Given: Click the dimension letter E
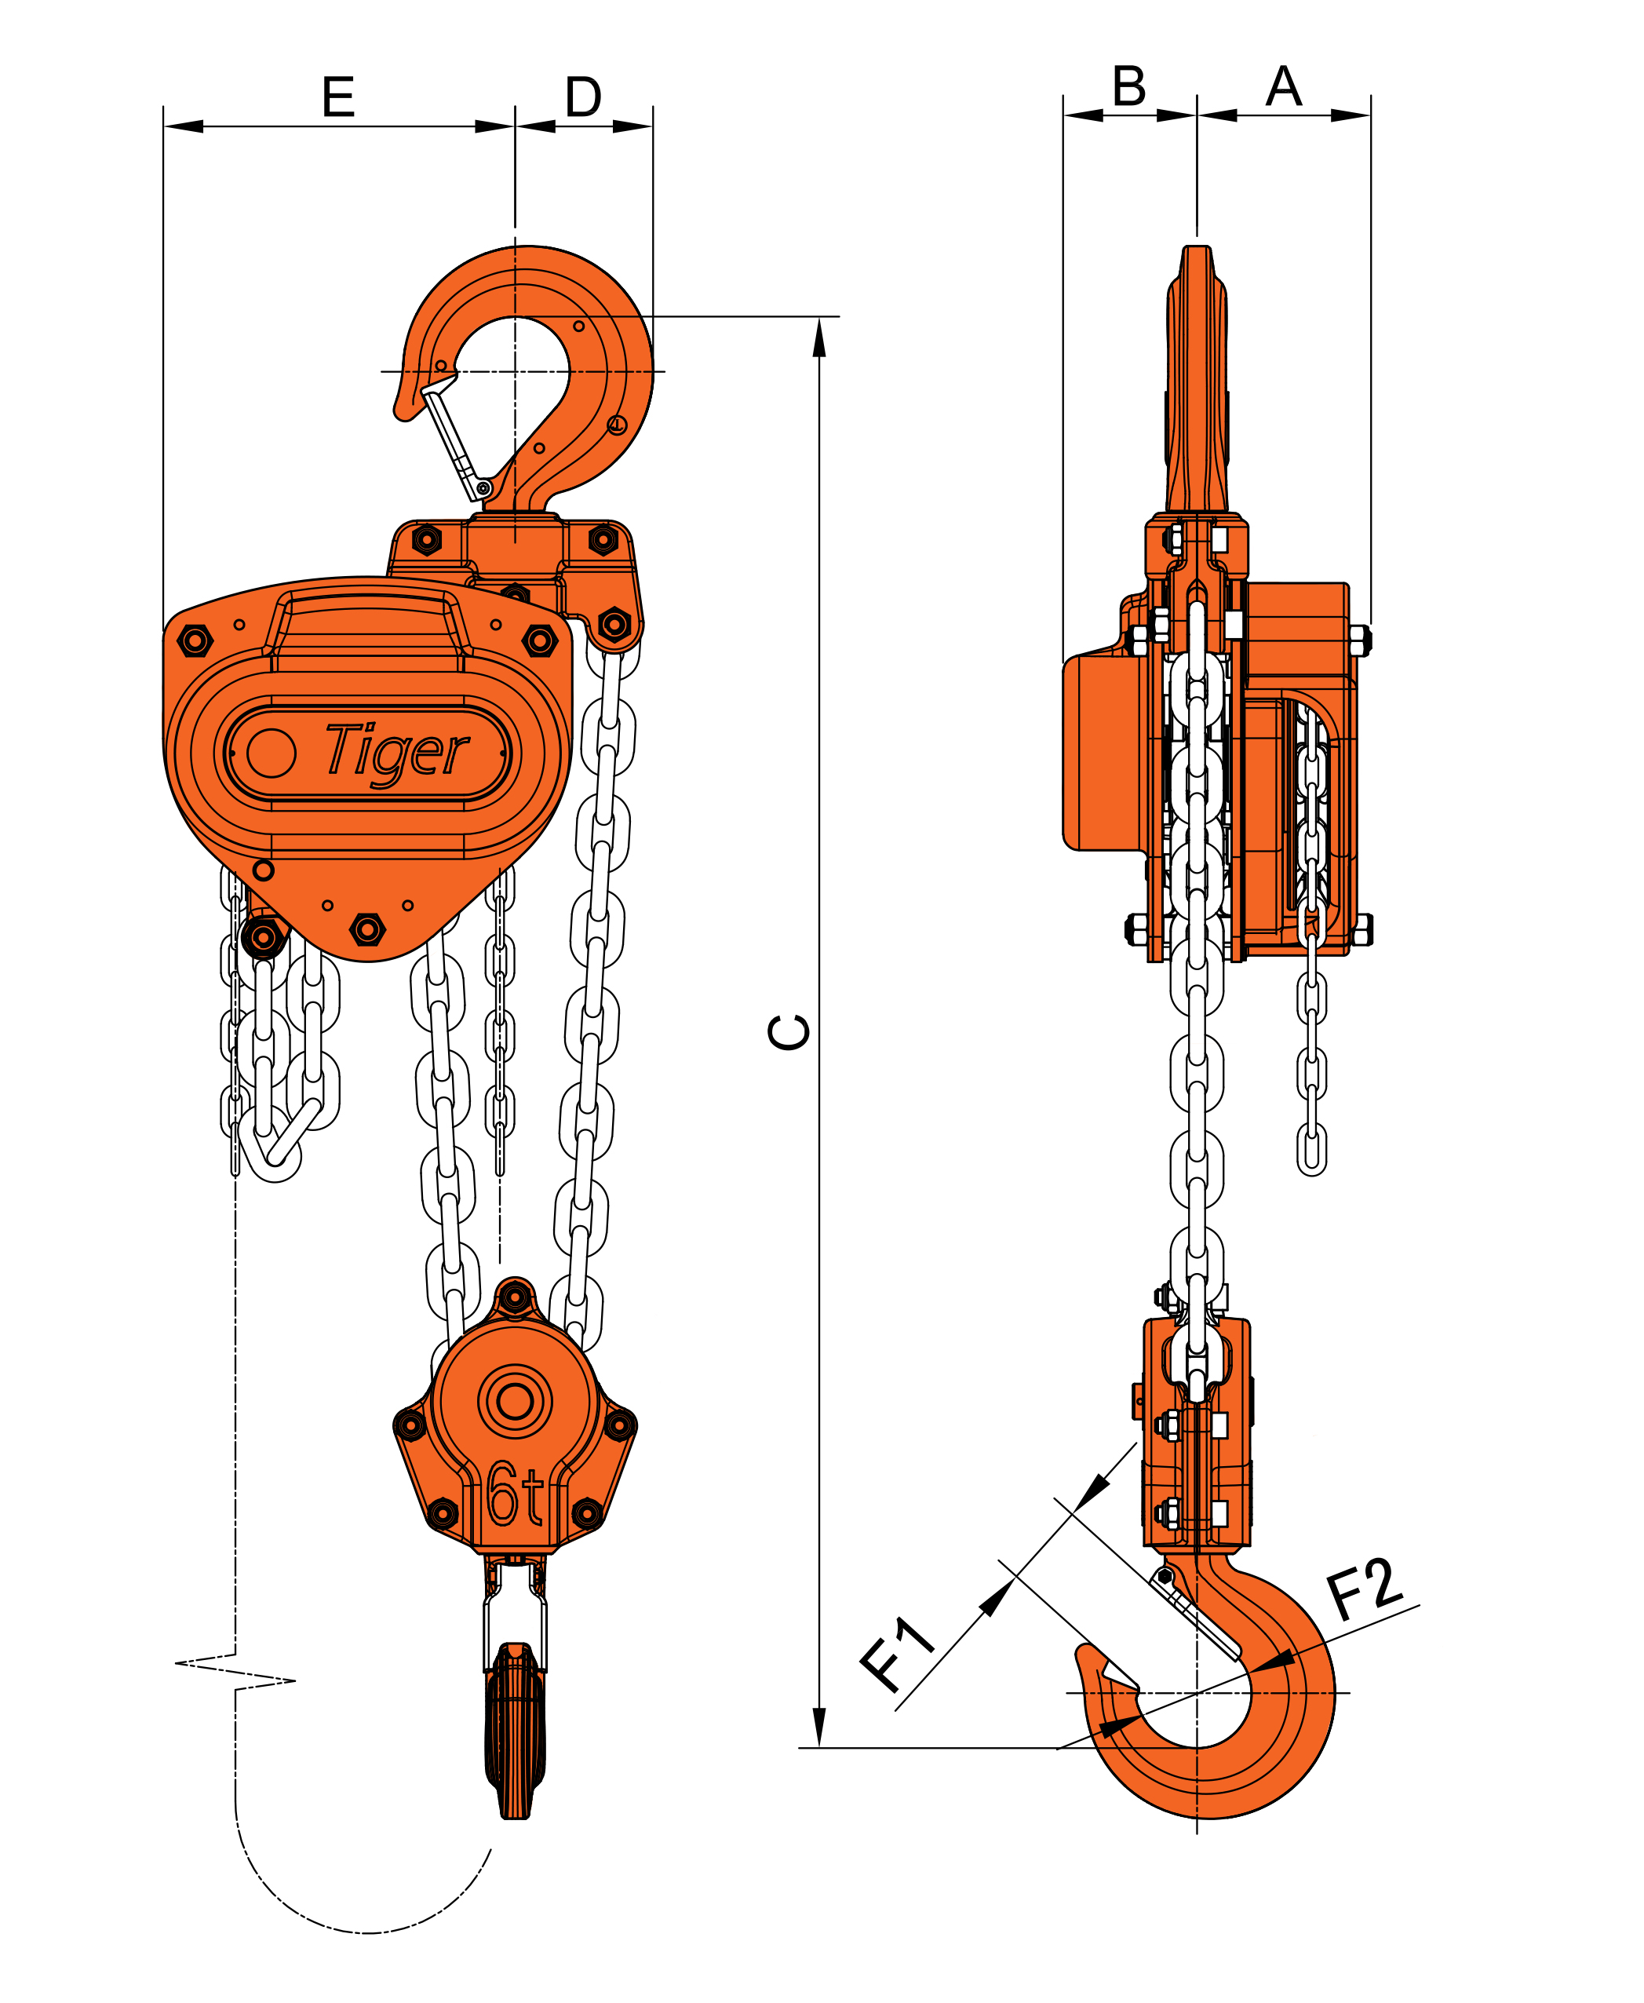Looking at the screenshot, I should (338, 97).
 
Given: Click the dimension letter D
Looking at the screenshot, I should (583, 97).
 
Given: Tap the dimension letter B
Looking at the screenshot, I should (1129, 86).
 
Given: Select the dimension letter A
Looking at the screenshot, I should (1283, 86).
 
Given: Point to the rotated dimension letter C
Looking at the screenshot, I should (788, 1031).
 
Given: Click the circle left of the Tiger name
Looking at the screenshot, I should (271, 753).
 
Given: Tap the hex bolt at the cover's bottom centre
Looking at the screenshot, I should (367, 929).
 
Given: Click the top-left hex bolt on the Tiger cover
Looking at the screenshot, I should (195, 641).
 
